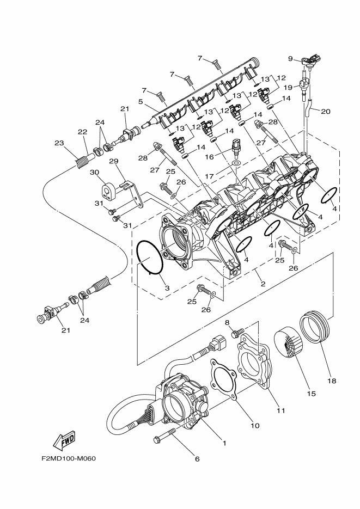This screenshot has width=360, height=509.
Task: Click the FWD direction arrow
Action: click(64, 439)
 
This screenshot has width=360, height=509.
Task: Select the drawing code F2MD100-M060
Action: click(69, 458)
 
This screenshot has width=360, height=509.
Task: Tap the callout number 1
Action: click(224, 443)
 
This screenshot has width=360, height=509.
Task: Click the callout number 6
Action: click(197, 458)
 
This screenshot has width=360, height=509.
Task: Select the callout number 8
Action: click(227, 322)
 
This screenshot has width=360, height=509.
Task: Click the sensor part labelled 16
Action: click(236, 148)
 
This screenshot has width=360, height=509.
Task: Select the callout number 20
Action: click(326, 112)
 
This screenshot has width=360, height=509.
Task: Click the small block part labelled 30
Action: click(111, 191)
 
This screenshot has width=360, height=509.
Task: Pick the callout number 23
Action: click(59, 143)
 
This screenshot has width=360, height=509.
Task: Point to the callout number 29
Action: click(113, 161)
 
